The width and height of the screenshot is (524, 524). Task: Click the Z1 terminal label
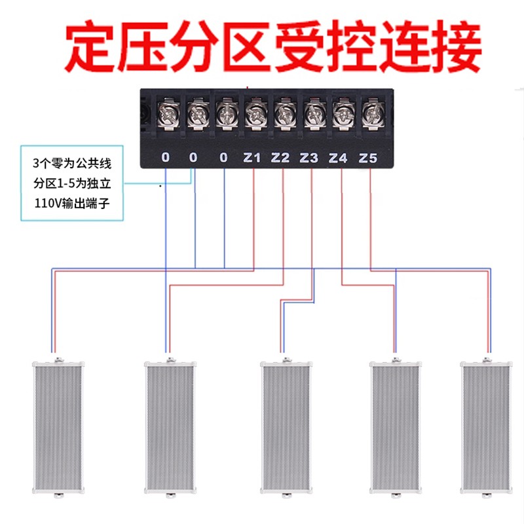click(252, 158)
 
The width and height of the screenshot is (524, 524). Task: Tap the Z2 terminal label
click(280, 158)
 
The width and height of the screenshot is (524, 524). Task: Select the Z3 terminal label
click(309, 158)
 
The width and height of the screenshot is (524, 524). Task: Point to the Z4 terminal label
click(338, 158)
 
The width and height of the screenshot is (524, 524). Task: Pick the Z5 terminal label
click(369, 158)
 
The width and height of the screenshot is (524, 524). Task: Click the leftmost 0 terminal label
click(165, 158)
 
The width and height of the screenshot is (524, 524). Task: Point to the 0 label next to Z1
click(224, 158)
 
